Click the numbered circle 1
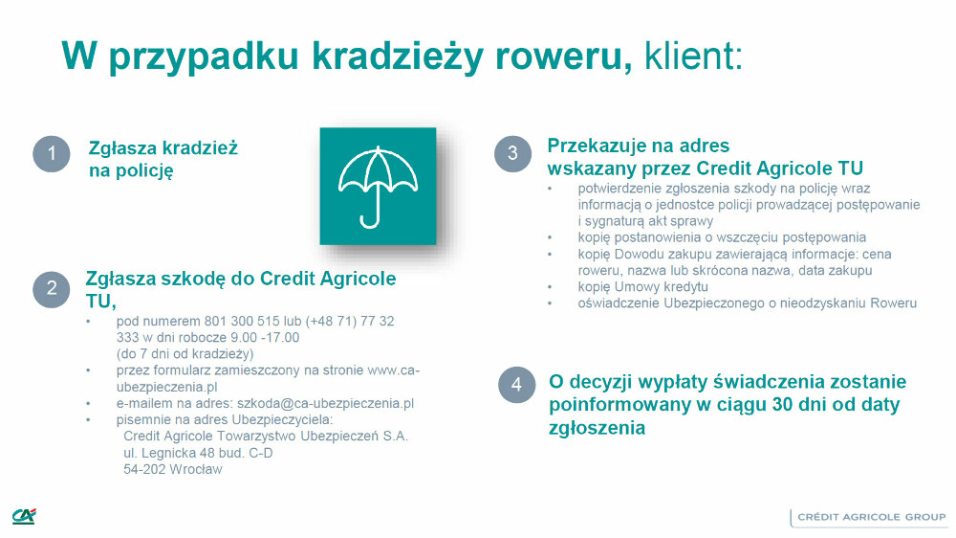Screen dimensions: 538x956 tap(52, 153)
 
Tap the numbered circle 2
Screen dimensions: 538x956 tap(52, 288)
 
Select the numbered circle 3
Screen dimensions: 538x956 tap(512, 153)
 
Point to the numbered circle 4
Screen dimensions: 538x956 tap(516, 385)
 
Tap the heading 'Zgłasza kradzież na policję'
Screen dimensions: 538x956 tap(163, 159)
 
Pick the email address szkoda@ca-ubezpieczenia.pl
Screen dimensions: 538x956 tap(325, 404)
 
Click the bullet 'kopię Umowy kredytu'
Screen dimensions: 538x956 tap(642, 286)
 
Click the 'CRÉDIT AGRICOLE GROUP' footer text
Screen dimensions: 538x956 tap(871, 517)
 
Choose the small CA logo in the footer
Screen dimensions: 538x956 tap(24, 517)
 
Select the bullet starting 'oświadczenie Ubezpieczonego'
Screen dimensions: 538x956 tap(747, 303)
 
